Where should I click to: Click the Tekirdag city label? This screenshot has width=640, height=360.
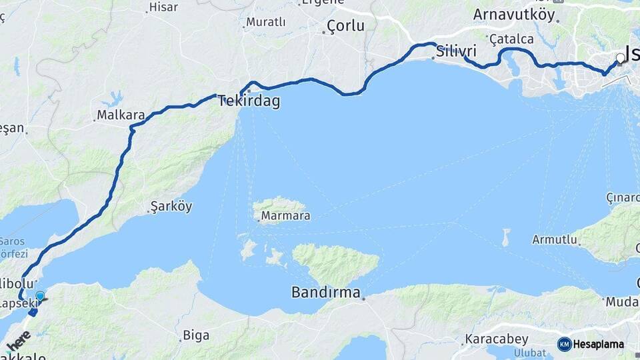click(x=249, y=102)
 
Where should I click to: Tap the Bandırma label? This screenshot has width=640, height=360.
click(x=325, y=292)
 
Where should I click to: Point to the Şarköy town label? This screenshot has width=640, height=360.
click(x=172, y=207)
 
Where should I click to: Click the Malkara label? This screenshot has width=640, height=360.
click(x=121, y=115)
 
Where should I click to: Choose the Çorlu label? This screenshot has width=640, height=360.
click(x=345, y=27)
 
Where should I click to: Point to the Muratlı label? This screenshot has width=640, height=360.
click(x=265, y=22)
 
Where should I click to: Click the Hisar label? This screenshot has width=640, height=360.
click(x=163, y=8)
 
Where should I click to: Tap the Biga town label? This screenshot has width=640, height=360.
click(x=196, y=334)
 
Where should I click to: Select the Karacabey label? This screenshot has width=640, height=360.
click(x=497, y=339)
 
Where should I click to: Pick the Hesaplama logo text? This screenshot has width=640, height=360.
click(x=599, y=345)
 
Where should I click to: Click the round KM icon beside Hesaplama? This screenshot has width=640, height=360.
click(x=565, y=345)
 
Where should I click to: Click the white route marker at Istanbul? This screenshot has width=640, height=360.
click(x=621, y=59)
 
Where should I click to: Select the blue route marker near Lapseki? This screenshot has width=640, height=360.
click(x=40, y=296)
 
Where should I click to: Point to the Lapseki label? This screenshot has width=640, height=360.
click(x=15, y=303)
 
